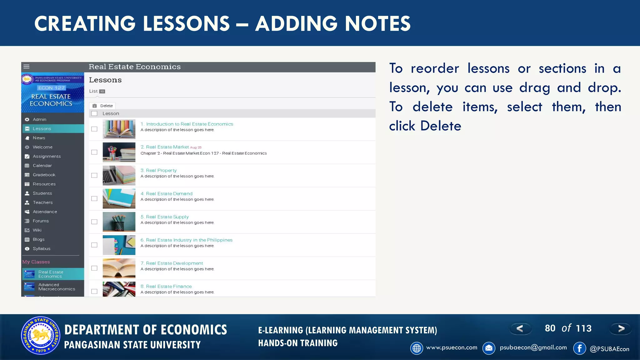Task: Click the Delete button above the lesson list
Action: tap(103, 106)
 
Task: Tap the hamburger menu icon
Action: tap(27, 67)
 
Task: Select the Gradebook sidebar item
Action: tap(44, 175)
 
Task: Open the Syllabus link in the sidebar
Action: tap(41, 249)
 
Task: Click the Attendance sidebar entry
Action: tap(45, 212)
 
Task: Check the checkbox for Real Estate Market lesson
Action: tap(94, 152)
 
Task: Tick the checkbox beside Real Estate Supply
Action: tap(94, 222)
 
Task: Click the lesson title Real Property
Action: tap(161, 171)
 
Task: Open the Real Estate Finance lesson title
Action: tap(168, 287)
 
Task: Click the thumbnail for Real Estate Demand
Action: tap(119, 199)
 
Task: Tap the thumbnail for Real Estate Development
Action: tap(119, 268)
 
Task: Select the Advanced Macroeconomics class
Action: tap(56, 287)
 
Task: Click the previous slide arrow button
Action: tap(520, 328)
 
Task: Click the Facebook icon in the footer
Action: tap(579, 348)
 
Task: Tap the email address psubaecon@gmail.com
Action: tap(533, 347)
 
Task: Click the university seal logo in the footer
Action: tap(41, 336)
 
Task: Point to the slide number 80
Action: tap(550, 328)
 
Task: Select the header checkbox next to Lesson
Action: tap(94, 114)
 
